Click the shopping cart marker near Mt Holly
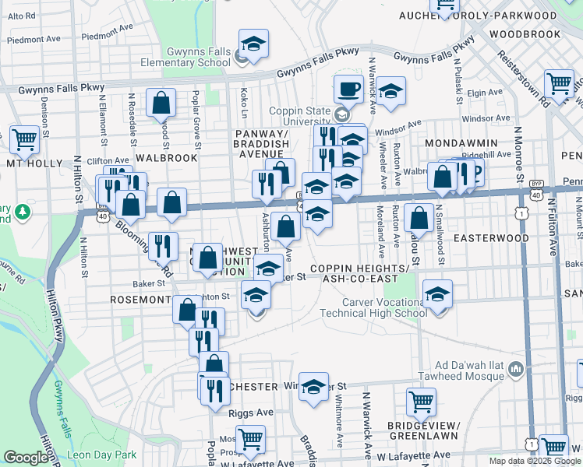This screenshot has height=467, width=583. (24, 139)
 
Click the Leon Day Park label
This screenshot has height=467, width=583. (101, 455)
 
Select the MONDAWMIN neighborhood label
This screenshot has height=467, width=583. (456, 144)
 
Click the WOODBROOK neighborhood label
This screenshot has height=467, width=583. (525, 34)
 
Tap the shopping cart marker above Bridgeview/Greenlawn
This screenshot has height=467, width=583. (421, 402)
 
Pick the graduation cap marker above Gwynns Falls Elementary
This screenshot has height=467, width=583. (253, 45)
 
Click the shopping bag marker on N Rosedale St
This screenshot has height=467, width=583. (161, 103)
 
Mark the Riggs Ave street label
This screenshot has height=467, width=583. (252, 413)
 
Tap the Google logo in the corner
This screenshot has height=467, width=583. (26, 458)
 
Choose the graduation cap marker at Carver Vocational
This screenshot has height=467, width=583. (437, 295)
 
